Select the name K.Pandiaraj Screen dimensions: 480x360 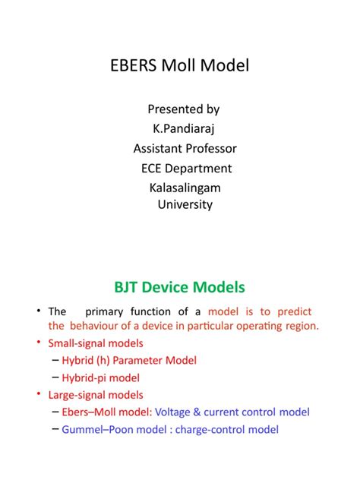pos(185,128)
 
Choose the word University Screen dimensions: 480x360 pos(185,204)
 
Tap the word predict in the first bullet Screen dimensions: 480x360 pos(295,312)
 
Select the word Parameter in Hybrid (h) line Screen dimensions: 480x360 pos(148,360)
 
